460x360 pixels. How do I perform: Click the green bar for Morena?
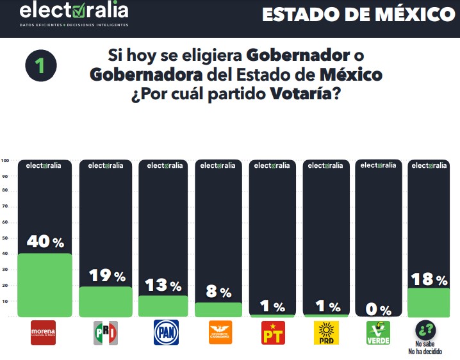(45, 285)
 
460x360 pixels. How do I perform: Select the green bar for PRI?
(105, 301)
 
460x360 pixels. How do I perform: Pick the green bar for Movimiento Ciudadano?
(218, 309)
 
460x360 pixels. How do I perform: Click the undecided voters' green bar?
(429, 302)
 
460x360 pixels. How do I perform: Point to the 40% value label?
(45, 241)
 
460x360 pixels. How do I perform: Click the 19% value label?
(106, 275)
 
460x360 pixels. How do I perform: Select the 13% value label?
(163, 285)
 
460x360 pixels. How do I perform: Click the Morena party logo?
(44, 332)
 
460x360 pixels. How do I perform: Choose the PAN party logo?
(166, 332)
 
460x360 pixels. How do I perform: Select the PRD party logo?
(325, 332)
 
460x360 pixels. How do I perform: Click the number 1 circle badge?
(40, 65)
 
